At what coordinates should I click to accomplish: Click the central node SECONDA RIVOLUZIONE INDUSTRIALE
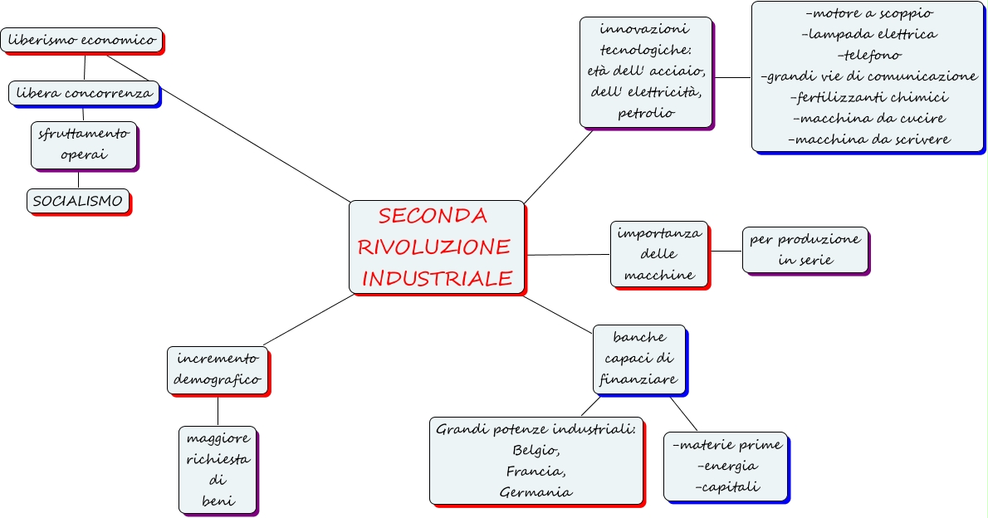437,247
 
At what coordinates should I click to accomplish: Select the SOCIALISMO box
78,201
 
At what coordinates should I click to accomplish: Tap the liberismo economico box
81,39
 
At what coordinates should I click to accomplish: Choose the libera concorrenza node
84,93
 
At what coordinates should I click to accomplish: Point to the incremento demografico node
218,369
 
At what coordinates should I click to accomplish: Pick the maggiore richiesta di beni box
218,469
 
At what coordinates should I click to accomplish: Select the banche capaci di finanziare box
639,359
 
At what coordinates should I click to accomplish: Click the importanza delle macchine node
659,254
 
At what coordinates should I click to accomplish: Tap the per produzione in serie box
805,250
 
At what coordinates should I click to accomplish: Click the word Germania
536,491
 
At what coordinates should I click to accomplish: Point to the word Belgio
536,451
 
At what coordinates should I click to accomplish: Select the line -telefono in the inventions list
868,55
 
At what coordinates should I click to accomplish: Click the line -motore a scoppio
868,13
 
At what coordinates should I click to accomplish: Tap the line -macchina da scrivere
868,139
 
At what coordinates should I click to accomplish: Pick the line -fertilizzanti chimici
868,97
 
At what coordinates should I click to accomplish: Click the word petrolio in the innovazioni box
646,112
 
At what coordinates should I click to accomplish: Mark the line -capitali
727,486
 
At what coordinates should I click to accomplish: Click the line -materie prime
727,445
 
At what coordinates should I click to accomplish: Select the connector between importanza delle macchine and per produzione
726,251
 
